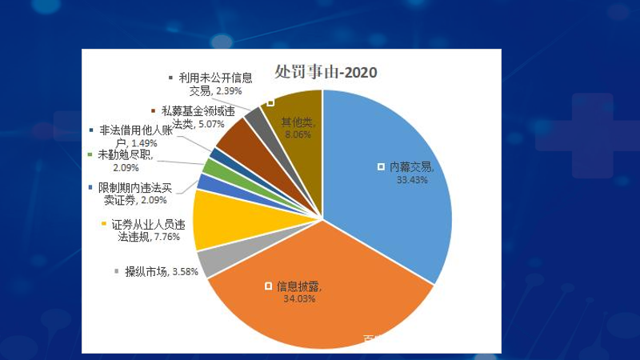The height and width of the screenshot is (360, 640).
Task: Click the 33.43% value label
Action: click(412, 180)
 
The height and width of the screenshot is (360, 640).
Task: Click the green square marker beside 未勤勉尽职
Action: click(90, 155)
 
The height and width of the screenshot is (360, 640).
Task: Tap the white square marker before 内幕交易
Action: click(381, 167)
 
